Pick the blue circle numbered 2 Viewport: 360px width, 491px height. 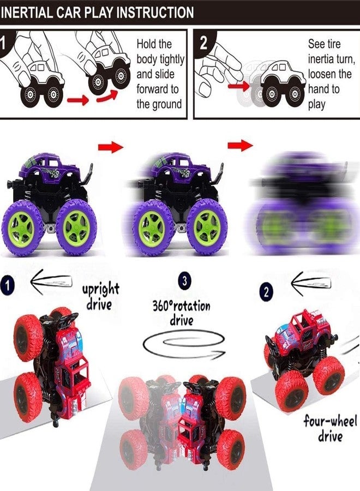coord(266,292)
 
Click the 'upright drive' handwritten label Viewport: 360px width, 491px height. coord(100,296)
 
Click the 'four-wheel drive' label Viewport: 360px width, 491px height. coord(331,428)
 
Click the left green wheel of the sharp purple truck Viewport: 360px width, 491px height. coord(22,225)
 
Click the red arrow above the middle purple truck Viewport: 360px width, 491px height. coord(111,146)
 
